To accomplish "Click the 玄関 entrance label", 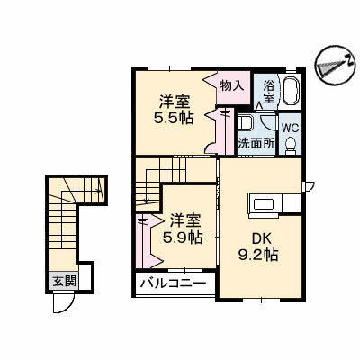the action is tap(64, 282).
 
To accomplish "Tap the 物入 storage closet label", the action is tap(231, 86).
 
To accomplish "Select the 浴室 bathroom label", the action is tap(268, 92).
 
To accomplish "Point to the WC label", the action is tap(290, 128).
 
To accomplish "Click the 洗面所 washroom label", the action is tap(256, 143).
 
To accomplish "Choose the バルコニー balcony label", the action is tap(174, 283).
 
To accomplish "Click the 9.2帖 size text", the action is tap(258, 255).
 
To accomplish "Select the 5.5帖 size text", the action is tap(173, 118).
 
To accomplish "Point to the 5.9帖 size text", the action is tap(183, 238).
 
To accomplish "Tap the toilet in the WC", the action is tap(290, 146).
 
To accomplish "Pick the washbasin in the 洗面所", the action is tap(246, 123).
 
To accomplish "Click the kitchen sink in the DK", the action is tap(264, 205).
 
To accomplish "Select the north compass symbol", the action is tap(333, 65).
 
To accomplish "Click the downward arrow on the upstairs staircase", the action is tap(147, 186).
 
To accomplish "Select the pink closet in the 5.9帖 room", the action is tap(148, 240).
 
